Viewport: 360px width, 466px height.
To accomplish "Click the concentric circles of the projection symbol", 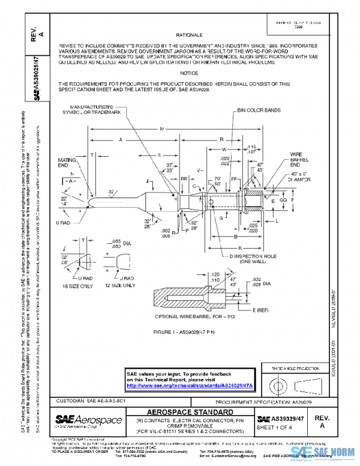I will click(277, 382).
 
